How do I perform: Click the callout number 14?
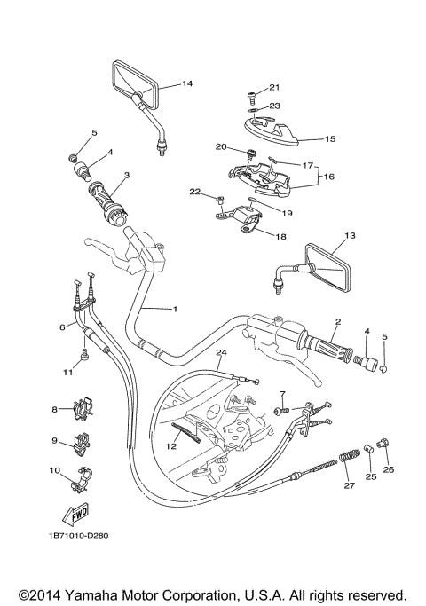tap(187, 84)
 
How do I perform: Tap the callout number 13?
tap(349, 236)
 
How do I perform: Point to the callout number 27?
tap(348, 485)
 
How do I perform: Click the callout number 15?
tap(330, 139)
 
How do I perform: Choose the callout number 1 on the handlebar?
tap(175, 309)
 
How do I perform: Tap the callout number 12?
tap(172, 447)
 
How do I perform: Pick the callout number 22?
tap(194, 192)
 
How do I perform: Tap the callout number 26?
tap(389, 469)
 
